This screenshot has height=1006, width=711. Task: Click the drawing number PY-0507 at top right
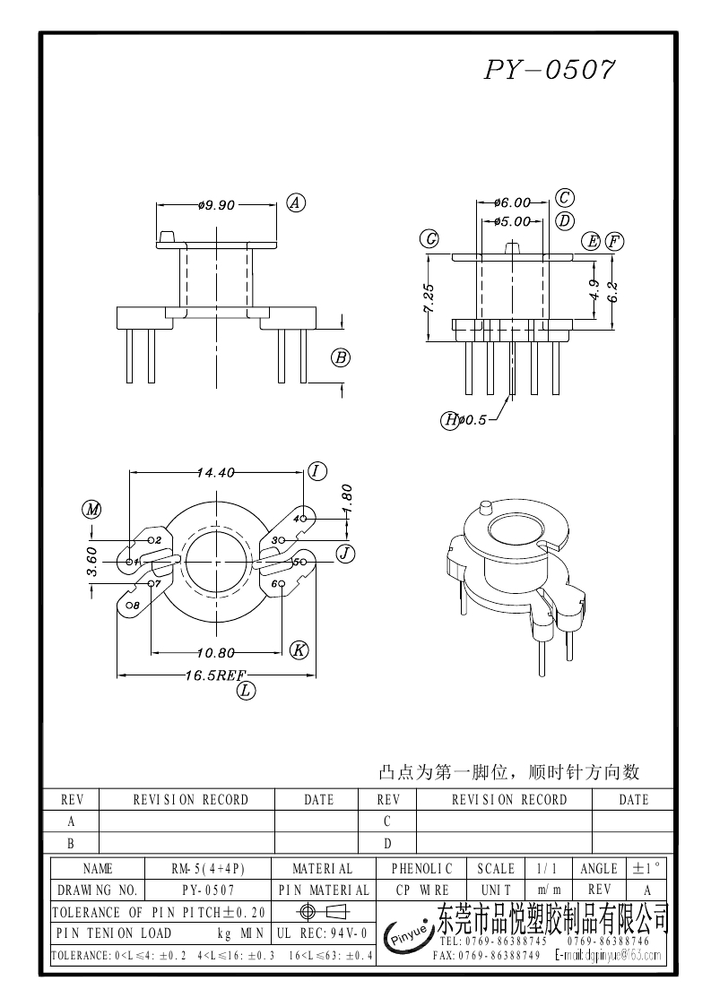[550, 70]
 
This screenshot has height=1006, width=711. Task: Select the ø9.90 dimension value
[216, 205]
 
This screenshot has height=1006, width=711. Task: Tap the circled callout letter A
[296, 203]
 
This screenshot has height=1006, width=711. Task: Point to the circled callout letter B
[341, 358]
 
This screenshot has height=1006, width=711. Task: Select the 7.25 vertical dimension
[429, 298]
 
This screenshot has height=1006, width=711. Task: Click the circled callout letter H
[450, 419]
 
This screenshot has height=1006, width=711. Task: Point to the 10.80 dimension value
[216, 652]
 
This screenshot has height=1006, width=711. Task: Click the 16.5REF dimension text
[215, 675]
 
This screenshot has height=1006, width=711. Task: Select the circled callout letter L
[246, 690]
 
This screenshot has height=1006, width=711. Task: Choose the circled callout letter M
[91, 510]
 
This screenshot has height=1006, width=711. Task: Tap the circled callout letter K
[299, 650]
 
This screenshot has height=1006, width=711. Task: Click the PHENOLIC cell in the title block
[422, 868]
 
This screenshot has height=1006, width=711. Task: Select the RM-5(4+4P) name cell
[208, 868]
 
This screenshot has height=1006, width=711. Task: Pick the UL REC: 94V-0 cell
[323, 933]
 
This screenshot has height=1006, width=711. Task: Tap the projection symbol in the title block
[323, 912]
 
